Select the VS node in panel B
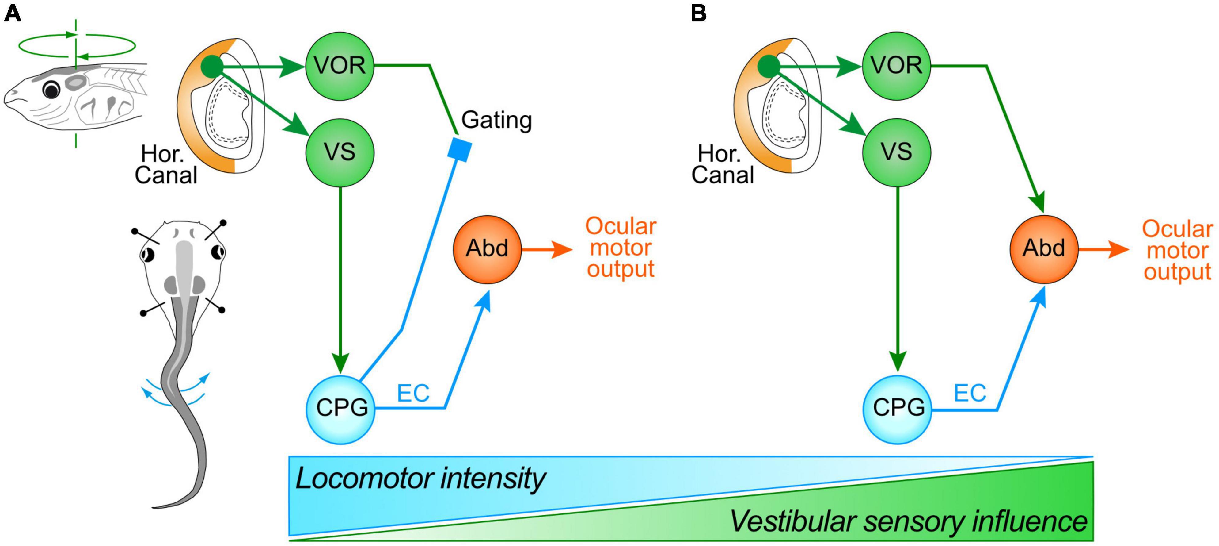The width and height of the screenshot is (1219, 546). coord(896,152)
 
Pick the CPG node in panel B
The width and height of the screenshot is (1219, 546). coord(897,409)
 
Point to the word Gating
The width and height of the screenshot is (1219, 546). coord(496,120)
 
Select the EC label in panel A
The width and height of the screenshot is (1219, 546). coord(413,393)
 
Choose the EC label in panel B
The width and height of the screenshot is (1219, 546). coord(970,393)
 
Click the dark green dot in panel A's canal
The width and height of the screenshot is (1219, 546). coord(211,67)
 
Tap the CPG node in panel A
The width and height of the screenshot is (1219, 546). coord(341,409)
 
